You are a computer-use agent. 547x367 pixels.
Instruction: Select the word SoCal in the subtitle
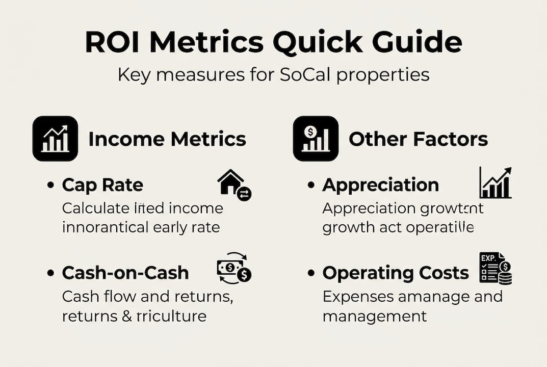coord(309,75)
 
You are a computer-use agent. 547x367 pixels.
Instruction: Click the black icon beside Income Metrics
coord(55,139)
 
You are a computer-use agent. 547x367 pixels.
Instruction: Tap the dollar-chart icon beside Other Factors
coord(316,139)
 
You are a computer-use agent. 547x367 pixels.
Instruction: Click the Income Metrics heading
coord(167,139)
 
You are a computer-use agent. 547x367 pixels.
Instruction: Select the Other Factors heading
coord(418,139)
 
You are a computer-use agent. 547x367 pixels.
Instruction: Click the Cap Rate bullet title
coord(102,185)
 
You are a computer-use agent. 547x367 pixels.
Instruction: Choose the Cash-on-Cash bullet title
coord(125,273)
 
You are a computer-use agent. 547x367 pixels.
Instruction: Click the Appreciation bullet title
coord(380,185)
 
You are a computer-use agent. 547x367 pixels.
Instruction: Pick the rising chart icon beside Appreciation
coord(495,183)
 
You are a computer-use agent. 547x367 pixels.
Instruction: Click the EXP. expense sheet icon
coord(495,269)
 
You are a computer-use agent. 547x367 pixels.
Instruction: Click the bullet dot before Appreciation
coord(310,186)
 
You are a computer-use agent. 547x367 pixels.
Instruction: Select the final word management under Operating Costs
coord(374,316)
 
